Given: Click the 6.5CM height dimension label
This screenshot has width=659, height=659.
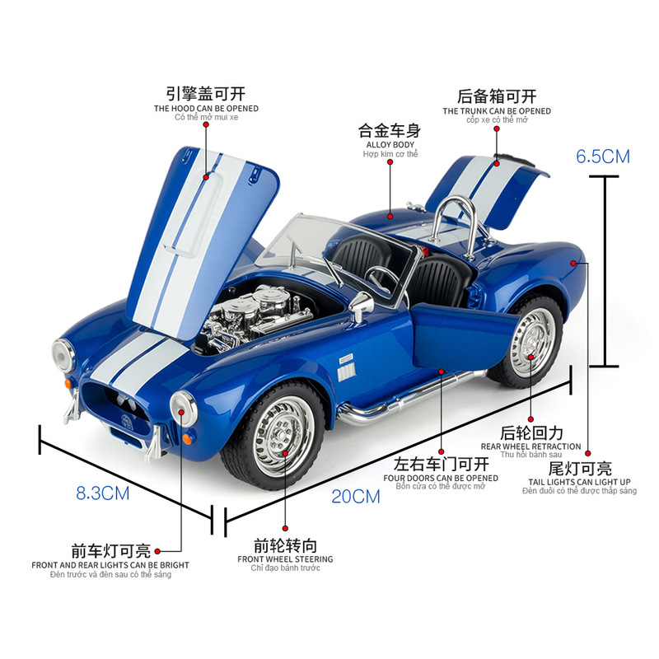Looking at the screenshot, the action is click(604, 156).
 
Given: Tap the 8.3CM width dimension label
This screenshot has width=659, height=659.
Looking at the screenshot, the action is click(103, 493).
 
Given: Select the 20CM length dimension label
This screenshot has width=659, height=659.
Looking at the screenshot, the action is click(356, 496).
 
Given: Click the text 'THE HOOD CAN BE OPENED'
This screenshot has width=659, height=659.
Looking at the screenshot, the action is click(206, 109).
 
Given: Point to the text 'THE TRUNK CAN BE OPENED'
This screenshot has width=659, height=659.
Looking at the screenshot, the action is click(497, 111).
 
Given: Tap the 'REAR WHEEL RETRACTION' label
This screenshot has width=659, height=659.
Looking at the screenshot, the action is click(531, 446).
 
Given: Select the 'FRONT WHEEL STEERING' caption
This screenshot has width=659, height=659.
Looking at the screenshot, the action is click(285, 559).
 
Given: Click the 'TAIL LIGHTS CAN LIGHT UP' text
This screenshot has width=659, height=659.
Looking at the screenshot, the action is click(580, 482).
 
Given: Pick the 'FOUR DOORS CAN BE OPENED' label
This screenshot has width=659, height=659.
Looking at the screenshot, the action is click(441, 478).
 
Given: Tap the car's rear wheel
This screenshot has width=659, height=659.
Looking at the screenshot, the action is click(530, 338).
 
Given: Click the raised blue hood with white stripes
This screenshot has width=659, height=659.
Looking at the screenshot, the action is click(198, 231).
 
